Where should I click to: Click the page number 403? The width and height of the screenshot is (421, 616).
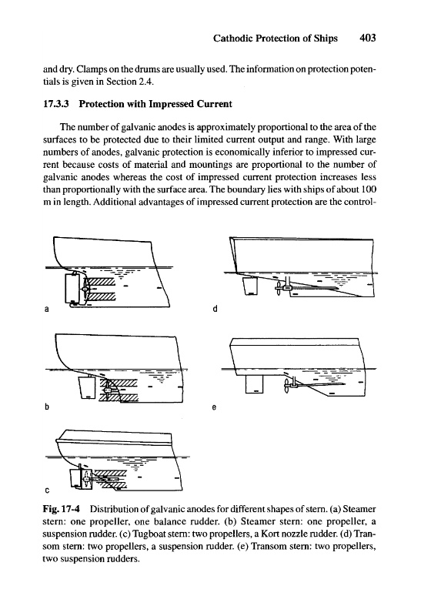[368, 38]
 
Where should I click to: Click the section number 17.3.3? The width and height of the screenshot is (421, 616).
[55, 104]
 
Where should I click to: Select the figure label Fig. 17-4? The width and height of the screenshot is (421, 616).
[61, 509]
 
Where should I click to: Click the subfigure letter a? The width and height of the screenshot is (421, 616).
[46, 310]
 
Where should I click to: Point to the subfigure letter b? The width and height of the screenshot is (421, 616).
[46, 407]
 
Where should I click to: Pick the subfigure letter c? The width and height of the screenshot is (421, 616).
[47, 490]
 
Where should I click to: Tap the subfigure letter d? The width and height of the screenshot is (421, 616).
[215, 309]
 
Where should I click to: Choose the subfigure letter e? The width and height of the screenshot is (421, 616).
[214, 408]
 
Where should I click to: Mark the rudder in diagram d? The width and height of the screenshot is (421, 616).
[249, 285]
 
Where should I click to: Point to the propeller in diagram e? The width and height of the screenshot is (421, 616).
[288, 386]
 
